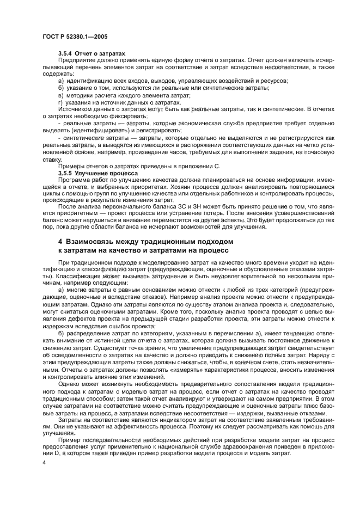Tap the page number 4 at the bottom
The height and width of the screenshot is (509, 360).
[x=44, y=462]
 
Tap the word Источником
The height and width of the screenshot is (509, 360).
[x=75, y=109]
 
